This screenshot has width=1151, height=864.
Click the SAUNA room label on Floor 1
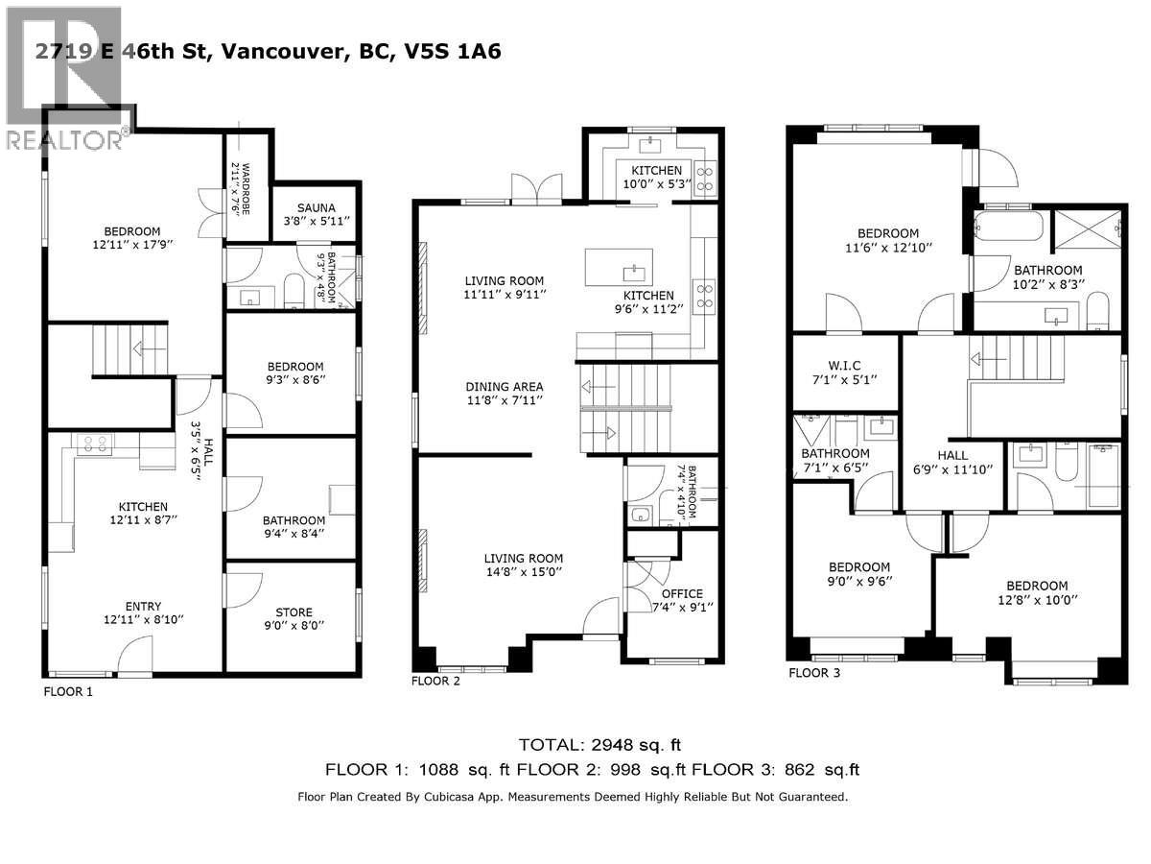316,206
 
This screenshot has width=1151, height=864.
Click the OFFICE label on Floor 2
682,592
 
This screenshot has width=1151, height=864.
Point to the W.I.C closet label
844,364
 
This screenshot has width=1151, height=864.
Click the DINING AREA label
505,387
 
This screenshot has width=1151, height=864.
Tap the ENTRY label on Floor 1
143,606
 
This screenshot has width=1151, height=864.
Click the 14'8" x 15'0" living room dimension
523,571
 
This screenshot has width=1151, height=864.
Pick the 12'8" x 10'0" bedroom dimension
1036,599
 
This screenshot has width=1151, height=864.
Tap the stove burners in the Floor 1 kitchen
95,443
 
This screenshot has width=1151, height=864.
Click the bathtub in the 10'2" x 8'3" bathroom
1008,228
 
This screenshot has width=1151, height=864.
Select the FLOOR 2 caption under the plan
435,682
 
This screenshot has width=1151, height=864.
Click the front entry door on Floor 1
134,662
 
